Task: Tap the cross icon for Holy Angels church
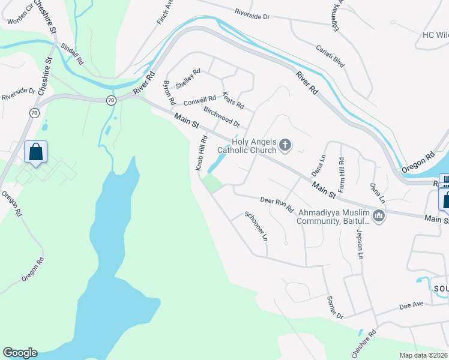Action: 285,144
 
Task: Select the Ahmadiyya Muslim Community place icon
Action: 378,216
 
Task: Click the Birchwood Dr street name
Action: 221,117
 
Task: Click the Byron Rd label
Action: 169,91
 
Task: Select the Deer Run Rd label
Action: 277,205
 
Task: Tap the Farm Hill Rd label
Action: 341,174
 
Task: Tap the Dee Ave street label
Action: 412,305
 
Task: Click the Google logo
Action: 20,353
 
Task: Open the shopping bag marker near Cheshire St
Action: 36,152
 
